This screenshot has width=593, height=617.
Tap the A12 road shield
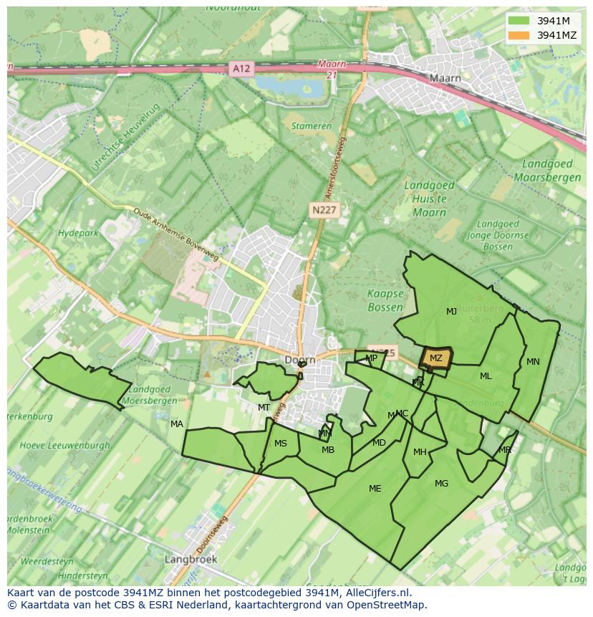(x=241, y=68)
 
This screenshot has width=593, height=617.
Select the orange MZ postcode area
(x=435, y=358)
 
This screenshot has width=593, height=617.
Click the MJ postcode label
(x=451, y=311)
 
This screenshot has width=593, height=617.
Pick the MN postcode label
(x=533, y=361)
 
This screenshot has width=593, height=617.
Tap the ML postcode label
(x=486, y=376)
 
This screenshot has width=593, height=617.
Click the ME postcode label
(x=375, y=488)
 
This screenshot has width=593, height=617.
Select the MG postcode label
(x=441, y=483)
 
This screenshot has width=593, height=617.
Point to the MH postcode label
(x=420, y=451)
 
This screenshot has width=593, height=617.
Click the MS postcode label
(x=280, y=443)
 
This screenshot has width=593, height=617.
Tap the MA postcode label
(x=176, y=424)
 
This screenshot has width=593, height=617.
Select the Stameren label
(x=312, y=126)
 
